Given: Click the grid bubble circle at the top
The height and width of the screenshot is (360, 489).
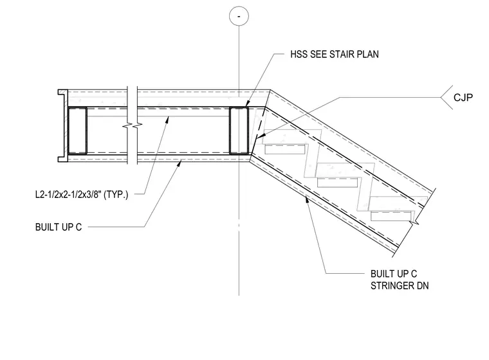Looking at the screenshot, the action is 239,15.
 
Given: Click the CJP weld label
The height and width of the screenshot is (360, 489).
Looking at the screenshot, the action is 463,98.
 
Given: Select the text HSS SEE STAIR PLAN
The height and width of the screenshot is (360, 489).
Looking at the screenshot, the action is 335,54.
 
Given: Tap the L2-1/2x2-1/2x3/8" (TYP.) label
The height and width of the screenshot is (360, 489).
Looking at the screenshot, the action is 82,195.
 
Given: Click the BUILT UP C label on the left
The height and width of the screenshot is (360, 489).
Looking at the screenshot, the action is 59,227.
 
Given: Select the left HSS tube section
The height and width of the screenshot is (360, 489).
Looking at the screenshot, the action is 77,130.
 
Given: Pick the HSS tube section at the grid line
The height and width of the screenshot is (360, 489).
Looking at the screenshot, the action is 239,130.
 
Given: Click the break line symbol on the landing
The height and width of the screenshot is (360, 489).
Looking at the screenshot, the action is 133,125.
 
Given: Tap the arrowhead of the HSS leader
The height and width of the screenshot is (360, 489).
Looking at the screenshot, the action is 247,104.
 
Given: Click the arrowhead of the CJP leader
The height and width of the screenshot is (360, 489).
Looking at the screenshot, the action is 261,136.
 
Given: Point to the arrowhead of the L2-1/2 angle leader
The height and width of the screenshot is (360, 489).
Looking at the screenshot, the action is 167,120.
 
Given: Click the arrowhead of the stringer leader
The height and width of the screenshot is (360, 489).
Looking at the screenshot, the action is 307,199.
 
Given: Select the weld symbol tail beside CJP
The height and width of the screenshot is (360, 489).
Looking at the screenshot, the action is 447,97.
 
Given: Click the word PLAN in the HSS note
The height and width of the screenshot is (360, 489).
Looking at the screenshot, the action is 367,54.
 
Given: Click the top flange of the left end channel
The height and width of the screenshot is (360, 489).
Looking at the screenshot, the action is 62,92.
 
